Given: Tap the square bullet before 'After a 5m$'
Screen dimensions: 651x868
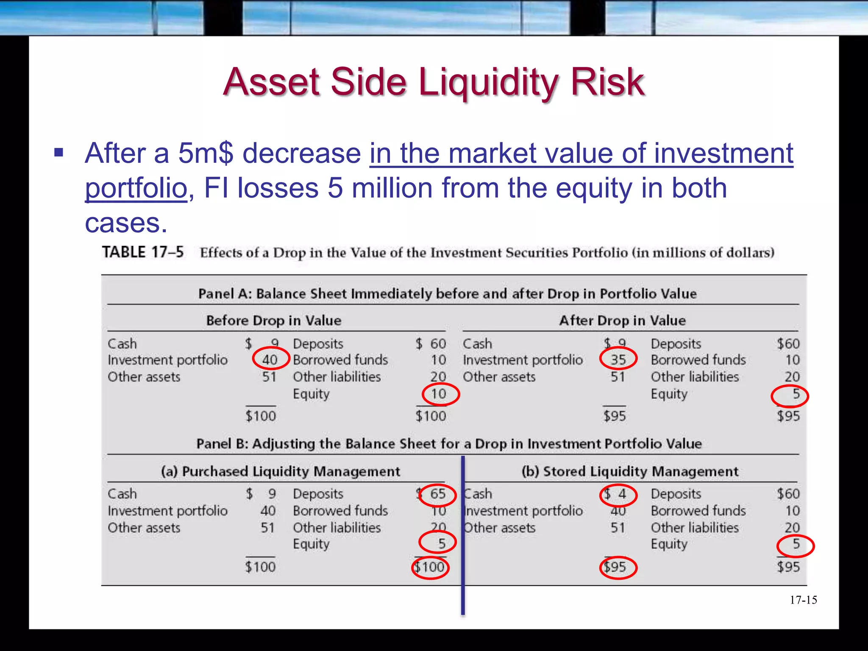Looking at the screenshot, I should point(59,153).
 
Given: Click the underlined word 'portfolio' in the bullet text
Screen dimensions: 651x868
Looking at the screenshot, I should point(136,188).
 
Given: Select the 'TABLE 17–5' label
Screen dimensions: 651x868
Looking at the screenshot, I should point(143,252).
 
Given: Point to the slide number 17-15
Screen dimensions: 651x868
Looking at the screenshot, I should point(803,600).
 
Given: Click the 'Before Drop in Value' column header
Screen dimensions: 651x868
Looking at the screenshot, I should point(273,320).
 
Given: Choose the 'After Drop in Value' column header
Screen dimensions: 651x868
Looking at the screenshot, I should point(622,320).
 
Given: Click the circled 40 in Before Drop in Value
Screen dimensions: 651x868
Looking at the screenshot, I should point(270,359).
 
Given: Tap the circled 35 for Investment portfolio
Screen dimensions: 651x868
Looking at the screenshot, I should point(618,359).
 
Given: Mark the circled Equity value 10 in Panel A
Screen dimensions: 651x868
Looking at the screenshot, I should point(440,394).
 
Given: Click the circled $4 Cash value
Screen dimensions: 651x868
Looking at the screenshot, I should point(618,495).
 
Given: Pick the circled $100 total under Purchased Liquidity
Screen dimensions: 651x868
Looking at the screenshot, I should point(430,567).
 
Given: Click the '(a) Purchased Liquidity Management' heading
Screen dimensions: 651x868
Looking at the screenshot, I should point(280,471).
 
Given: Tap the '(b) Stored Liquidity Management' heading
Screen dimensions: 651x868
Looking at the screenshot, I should point(630,471).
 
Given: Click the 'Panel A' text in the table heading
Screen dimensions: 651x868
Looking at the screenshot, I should point(224,294).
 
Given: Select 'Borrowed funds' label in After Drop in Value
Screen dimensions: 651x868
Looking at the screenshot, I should point(698,360).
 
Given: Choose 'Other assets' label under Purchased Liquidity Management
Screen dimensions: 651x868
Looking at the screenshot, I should point(144,528).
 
